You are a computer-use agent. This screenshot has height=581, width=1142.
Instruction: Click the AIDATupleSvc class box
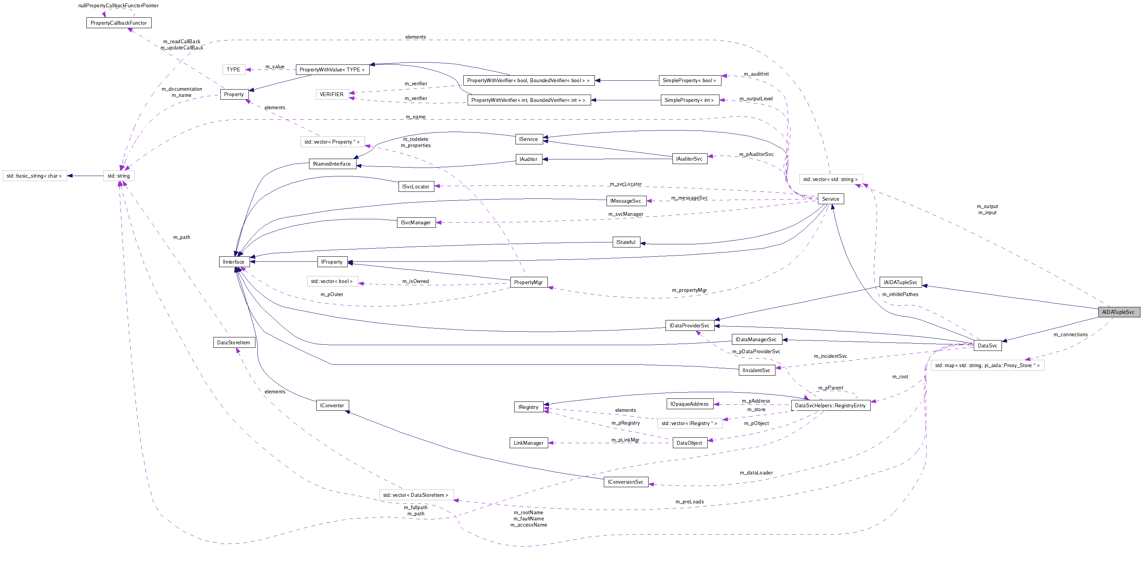pos(1118,312)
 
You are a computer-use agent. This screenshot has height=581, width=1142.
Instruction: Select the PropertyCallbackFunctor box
pos(118,23)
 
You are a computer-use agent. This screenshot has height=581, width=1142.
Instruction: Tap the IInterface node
pos(234,262)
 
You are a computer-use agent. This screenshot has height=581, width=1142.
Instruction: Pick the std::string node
pos(118,176)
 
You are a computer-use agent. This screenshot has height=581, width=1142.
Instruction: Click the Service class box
pos(830,199)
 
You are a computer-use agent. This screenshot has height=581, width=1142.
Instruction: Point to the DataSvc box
pos(987,346)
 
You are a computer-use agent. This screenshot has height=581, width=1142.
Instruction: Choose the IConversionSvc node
pos(625,482)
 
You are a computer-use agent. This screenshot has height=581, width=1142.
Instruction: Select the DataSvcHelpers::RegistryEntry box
pos(830,405)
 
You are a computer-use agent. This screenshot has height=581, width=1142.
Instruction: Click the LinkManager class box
pos(529,443)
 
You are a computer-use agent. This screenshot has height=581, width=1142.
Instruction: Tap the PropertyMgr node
pos(529,282)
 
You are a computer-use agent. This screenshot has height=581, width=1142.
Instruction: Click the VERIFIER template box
pos(332,94)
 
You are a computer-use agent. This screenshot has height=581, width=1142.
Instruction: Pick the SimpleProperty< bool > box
pos(689,80)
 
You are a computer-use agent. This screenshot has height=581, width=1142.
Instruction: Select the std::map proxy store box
pos(987,365)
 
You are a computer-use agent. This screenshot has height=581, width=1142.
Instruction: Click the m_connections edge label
pos(1070,334)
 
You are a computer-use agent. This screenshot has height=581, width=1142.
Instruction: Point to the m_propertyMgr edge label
pos(689,290)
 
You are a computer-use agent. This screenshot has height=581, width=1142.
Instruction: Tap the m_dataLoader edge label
pos(756,473)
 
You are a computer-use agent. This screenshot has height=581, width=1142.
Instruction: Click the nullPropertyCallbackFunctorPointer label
pos(118,5)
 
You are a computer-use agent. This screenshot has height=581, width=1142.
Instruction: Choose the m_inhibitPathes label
pos(900,294)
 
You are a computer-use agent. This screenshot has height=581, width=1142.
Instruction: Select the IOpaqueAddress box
pos(689,403)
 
